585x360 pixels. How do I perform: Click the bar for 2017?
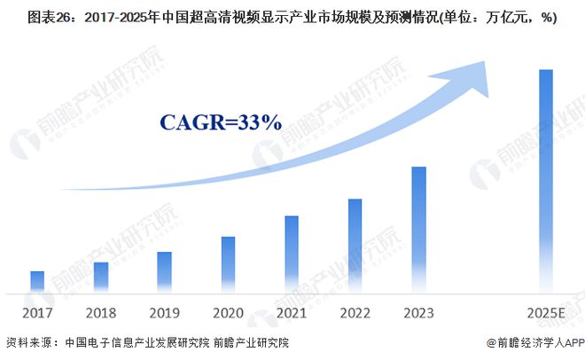coord(37,282)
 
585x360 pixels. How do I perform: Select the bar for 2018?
coord(100,278)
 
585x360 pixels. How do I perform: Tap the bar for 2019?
coord(164,272)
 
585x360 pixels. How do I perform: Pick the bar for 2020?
coord(228,264)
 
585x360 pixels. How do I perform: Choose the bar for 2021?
coord(292,254)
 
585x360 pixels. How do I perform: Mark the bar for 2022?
coord(355,246)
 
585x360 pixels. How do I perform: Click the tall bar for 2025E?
coord(546,181)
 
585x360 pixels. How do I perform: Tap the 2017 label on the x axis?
coord(37,313)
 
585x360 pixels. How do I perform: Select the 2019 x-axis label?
coord(164,313)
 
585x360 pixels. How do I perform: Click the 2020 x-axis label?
coord(228,313)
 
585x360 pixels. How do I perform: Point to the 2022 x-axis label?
coord(355,313)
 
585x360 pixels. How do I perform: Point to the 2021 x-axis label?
coord(292,313)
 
